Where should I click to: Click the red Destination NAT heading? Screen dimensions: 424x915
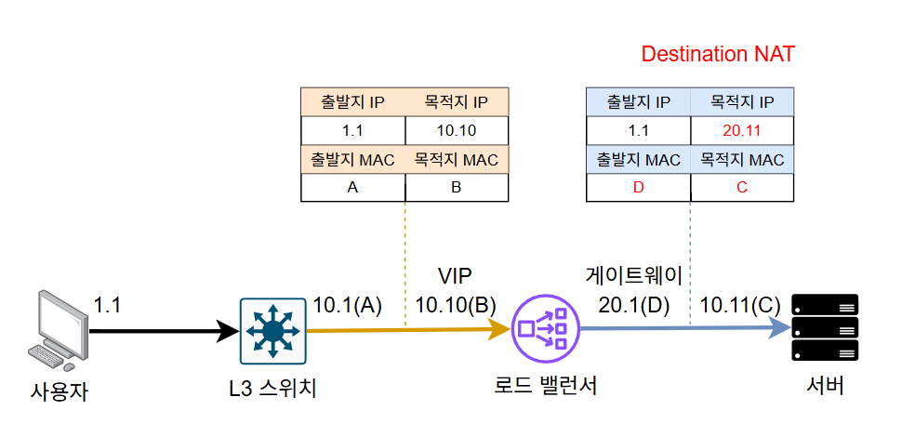[x=718, y=54]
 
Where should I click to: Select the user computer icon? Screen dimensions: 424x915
[x=56, y=331]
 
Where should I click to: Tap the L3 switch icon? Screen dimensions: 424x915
[x=272, y=330]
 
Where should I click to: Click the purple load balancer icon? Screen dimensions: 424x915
[x=545, y=329]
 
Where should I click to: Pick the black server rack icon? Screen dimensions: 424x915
[x=824, y=327]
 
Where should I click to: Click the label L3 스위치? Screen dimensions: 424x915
[x=272, y=386]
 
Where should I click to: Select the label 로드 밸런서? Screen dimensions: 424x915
[x=545, y=386]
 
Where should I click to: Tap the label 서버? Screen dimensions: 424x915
[x=824, y=386]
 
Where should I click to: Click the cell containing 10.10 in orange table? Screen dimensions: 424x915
[x=457, y=130]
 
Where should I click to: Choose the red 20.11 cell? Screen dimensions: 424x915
[x=742, y=130]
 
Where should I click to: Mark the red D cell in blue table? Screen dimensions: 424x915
[x=638, y=188]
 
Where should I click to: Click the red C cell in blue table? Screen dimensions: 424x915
[x=742, y=188]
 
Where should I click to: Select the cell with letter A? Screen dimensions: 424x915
[x=353, y=188]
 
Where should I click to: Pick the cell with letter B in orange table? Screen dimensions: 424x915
[x=457, y=188]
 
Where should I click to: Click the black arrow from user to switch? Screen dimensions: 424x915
[x=158, y=329]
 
